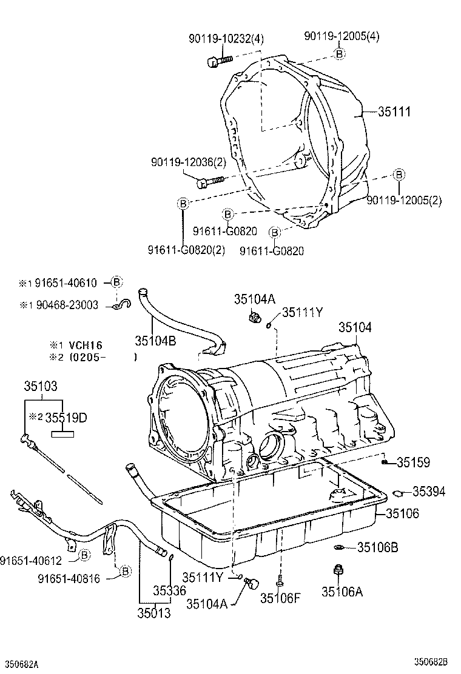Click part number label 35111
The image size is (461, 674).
pos(394,112)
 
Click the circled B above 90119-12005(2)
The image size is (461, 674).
pos(399,175)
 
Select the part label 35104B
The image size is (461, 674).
pos(155,341)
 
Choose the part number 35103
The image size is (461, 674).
pos(41,386)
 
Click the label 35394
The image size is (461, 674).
pos(429,492)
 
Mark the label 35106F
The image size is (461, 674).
pos(281,599)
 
